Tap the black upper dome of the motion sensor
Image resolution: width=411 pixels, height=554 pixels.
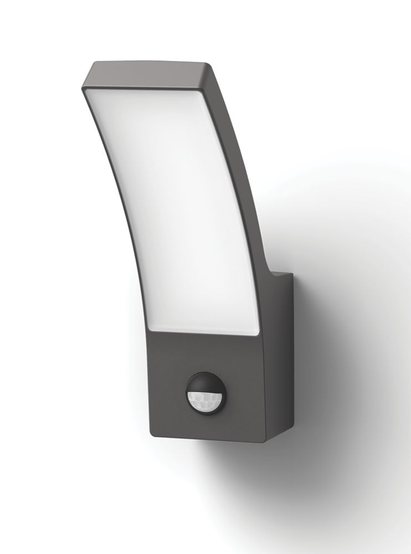(204, 382)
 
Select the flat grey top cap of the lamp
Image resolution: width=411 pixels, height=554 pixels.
(150, 78)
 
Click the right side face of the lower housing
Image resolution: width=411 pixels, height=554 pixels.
(277, 377)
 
